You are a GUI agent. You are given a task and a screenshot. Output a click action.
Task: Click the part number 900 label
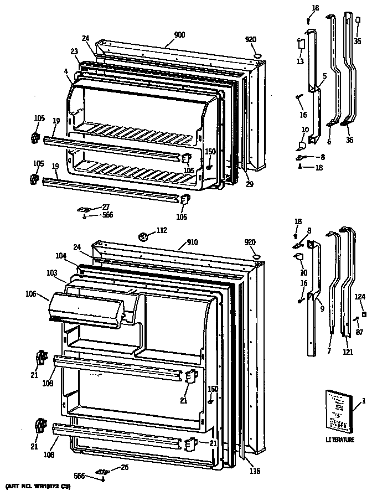pos(179,34)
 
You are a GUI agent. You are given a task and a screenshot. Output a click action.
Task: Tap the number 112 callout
pos(161,231)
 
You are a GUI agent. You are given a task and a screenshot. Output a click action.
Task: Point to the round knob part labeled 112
pos(143,237)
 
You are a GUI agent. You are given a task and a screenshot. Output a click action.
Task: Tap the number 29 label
pos(250,183)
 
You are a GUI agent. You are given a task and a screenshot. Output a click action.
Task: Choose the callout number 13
pos(299,61)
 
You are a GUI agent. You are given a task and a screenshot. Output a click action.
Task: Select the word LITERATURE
pos(339,440)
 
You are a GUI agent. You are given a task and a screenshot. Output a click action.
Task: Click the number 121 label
pos(348,352)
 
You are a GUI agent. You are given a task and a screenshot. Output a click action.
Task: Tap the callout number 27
pos(106,207)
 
